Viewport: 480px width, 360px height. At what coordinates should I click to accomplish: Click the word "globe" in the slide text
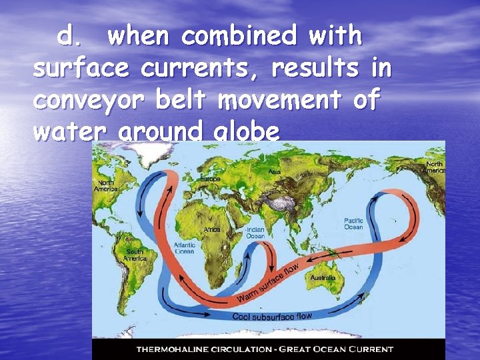click(x=246, y=132)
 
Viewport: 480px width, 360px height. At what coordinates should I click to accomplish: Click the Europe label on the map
click(x=210, y=179)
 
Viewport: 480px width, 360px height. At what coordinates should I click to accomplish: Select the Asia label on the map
click(x=275, y=172)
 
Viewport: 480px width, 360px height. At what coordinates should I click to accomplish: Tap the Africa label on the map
click(x=212, y=229)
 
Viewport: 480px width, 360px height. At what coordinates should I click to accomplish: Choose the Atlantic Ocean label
click(x=184, y=248)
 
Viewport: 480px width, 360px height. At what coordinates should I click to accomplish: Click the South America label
click(x=135, y=255)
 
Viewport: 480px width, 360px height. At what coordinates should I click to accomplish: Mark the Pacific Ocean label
click(x=353, y=223)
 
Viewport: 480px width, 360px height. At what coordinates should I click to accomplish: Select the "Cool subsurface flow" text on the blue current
click(x=272, y=316)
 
